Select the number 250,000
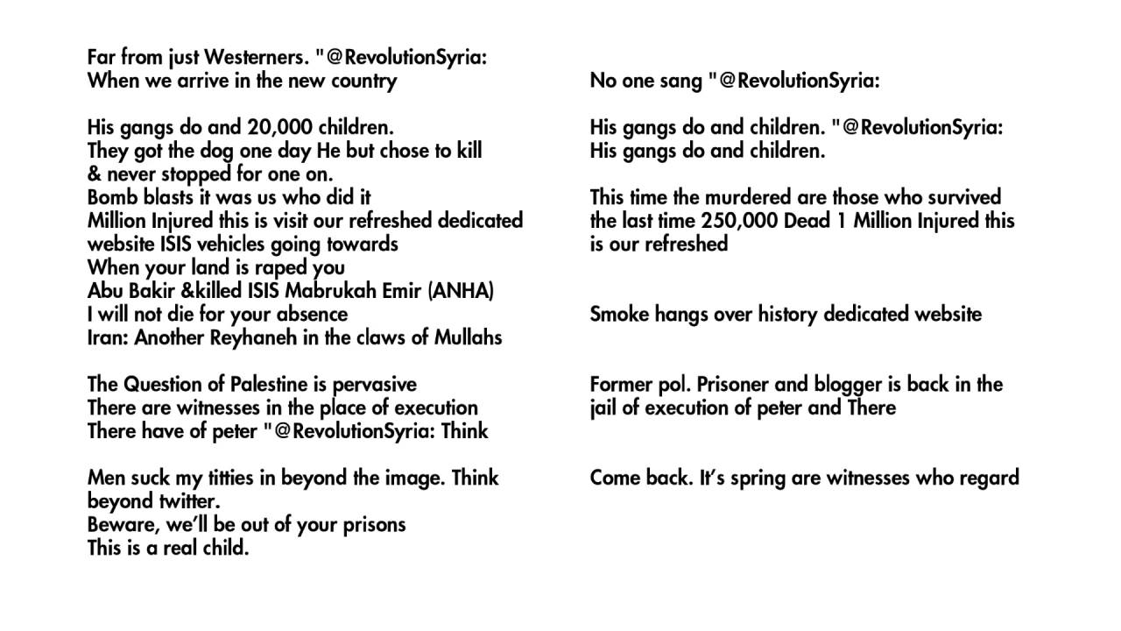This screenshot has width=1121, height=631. pos(732,221)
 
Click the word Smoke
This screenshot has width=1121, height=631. pos(617,315)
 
